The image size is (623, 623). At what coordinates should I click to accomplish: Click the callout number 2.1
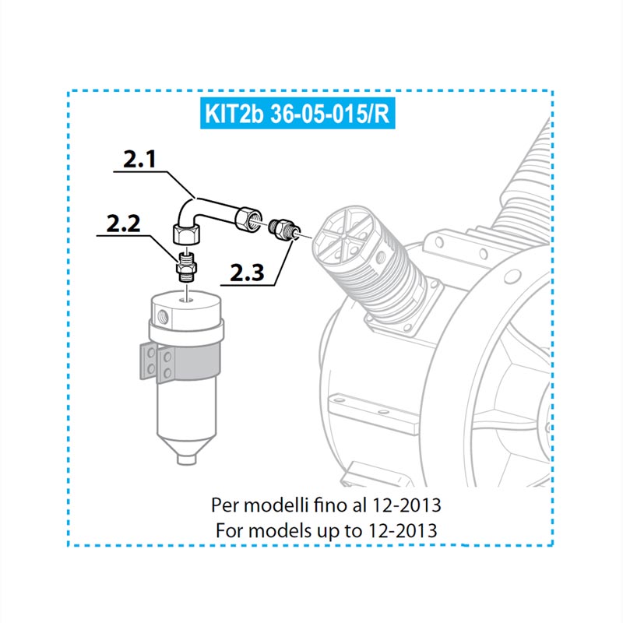click(x=139, y=160)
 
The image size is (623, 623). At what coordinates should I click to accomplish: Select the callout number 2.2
click(x=123, y=224)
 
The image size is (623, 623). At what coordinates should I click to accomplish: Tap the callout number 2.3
click(x=247, y=273)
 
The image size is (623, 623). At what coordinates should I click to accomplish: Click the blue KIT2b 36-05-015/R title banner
click(x=297, y=113)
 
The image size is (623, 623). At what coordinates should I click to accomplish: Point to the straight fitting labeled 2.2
click(x=185, y=266)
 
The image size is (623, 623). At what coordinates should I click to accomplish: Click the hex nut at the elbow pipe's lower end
click(x=187, y=234)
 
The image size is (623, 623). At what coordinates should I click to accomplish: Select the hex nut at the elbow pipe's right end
click(x=248, y=218)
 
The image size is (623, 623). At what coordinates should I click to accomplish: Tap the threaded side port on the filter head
click(x=164, y=317)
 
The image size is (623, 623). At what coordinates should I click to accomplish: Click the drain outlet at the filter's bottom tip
click(x=186, y=459)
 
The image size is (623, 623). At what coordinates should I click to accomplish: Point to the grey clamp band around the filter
click(x=189, y=361)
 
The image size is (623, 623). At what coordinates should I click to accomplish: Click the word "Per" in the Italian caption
click(x=224, y=505)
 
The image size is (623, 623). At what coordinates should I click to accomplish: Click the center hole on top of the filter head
click(x=186, y=299)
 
